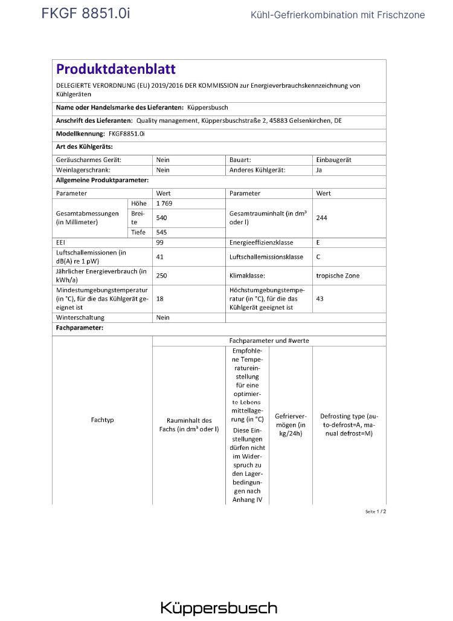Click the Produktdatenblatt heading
click(116, 70)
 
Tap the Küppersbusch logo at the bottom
click(219, 608)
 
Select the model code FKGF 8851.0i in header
click(85, 13)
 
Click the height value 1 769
click(164, 204)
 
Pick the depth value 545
click(162, 232)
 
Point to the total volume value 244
click(321, 218)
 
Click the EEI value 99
click(160, 242)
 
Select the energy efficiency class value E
click(318, 242)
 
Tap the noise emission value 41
click(160, 256)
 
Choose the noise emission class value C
click(318, 256)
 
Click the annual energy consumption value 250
click(161, 275)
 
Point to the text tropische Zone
click(338, 275)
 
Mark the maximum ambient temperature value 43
click(320, 299)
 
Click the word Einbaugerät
click(333, 160)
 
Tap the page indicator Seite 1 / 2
click(375, 512)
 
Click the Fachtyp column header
click(102, 420)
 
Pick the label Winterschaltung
click(80, 317)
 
